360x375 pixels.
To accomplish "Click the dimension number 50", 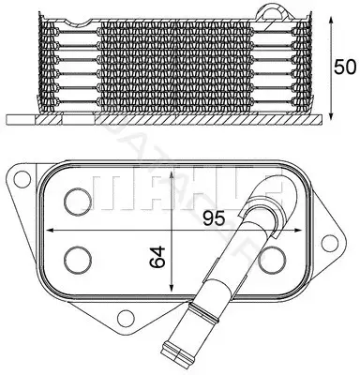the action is [345, 67].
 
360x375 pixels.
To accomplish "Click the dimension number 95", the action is [214, 217].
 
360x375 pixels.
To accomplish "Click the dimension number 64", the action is [157, 257].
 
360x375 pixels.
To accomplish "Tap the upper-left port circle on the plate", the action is [78, 202].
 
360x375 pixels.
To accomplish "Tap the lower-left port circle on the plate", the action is [78, 259].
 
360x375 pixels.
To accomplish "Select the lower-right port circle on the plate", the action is [273, 259].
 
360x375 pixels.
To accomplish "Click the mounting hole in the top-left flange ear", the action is [21, 178].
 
